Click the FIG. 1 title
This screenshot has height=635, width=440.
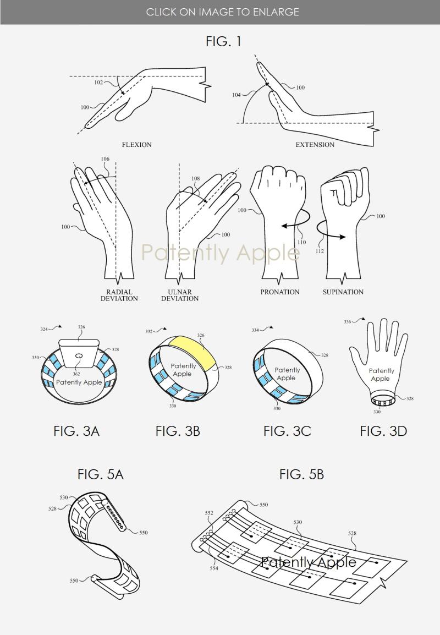click(223, 41)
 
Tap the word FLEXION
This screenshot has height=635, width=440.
click(137, 145)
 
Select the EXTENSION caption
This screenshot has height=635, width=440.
click(315, 145)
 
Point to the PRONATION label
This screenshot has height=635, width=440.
click(280, 292)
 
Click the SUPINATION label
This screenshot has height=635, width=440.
click(343, 292)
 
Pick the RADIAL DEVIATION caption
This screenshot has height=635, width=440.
click(119, 295)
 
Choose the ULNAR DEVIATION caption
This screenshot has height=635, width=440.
click(180, 295)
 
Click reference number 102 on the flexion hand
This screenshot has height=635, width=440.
click(98, 82)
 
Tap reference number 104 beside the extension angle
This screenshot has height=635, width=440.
click(236, 95)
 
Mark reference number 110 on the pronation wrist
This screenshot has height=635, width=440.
click(301, 242)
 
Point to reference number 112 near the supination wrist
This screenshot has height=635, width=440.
click(320, 251)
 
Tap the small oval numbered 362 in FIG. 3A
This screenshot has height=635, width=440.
click(79, 355)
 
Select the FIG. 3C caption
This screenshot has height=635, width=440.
click(287, 431)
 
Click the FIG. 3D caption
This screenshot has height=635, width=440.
click(383, 431)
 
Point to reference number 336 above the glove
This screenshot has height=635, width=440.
click(347, 322)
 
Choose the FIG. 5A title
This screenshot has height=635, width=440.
click(101, 474)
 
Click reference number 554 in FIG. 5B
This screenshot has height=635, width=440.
click(214, 568)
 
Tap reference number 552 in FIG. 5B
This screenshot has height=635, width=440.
click(209, 513)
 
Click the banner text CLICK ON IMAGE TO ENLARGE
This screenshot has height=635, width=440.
click(223, 12)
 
